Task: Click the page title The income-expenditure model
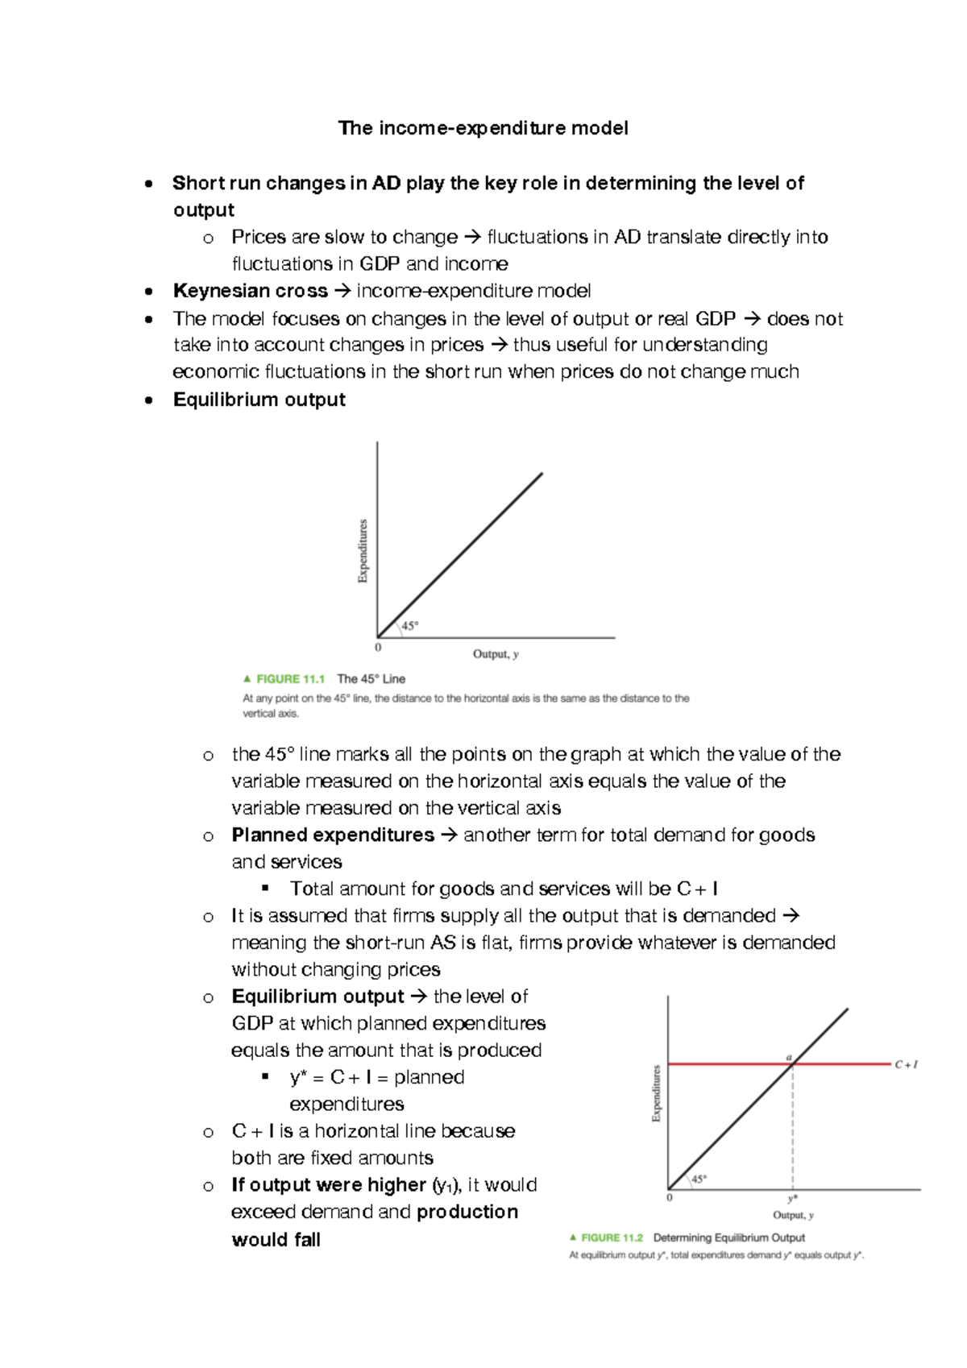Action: (483, 128)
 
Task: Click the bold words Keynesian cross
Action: (250, 291)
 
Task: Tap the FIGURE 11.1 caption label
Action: (289, 679)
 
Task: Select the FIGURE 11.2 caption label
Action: (611, 1237)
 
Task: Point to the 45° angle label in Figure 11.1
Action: (410, 626)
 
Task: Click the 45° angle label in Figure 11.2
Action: (699, 1179)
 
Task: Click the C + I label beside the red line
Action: (906, 1064)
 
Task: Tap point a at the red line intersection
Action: (790, 1057)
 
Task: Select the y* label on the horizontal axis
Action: (793, 1199)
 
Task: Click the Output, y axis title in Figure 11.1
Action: (496, 654)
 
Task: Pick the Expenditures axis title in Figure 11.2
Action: (657, 1093)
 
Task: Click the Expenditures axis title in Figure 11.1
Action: (363, 551)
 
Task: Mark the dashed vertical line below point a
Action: (793, 1128)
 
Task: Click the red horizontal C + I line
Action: (725, 1064)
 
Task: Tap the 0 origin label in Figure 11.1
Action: (378, 648)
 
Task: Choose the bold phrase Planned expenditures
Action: (332, 835)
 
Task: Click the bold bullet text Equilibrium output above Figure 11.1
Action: (259, 400)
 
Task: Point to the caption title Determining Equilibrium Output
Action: (728, 1237)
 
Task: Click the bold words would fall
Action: (276, 1240)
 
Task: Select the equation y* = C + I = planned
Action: (376, 1077)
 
